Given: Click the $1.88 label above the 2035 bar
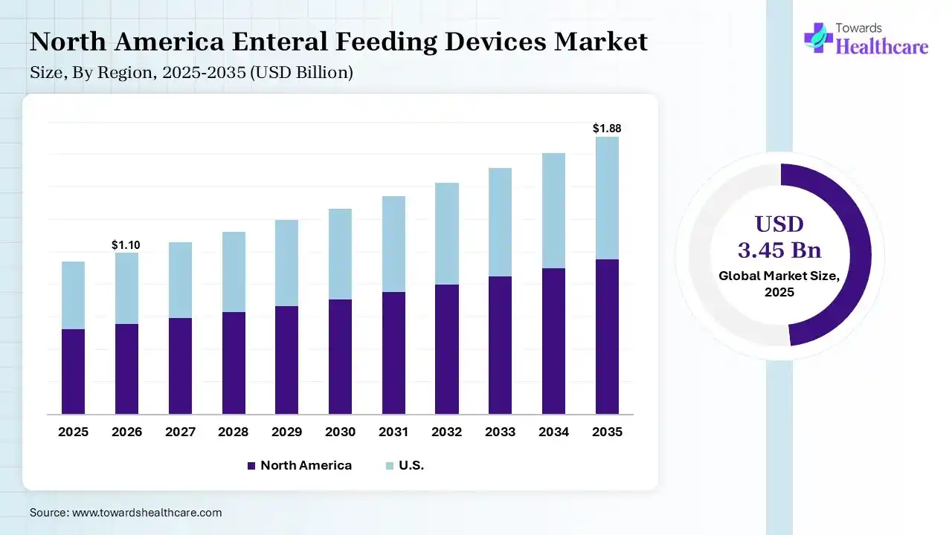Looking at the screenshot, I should (606, 129).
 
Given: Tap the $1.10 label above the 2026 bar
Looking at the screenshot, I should (126, 244).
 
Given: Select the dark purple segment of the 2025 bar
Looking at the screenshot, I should (73, 372).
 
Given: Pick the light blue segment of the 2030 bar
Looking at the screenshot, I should (340, 254).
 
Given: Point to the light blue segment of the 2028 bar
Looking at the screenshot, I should (234, 272).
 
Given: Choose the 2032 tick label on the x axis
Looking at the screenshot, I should (447, 432).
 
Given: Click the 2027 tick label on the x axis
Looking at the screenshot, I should (180, 432).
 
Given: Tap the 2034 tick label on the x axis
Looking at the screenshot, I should (553, 432).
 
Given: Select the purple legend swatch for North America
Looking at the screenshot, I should (251, 466).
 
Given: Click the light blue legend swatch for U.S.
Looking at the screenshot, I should (389, 466).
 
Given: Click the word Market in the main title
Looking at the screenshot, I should (601, 42).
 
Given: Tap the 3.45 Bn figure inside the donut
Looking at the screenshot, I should (779, 249).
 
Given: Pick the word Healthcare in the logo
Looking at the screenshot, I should (882, 47).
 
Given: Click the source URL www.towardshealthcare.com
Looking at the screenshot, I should (146, 513).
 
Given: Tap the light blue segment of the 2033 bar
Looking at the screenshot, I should (500, 222).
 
